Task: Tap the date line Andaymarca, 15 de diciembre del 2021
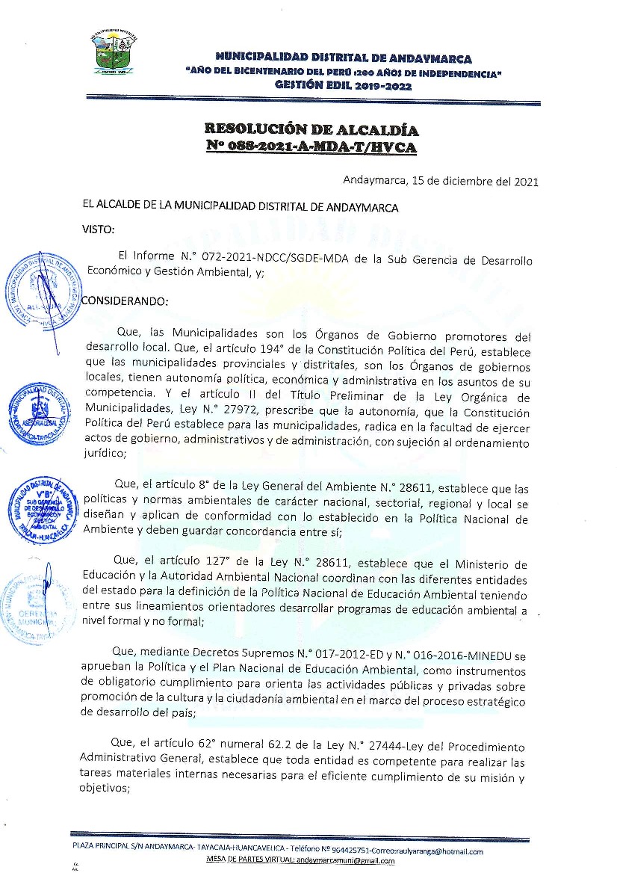pos(440,181)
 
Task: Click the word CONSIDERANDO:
pos(125,301)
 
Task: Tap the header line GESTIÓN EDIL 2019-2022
pos(343,85)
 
